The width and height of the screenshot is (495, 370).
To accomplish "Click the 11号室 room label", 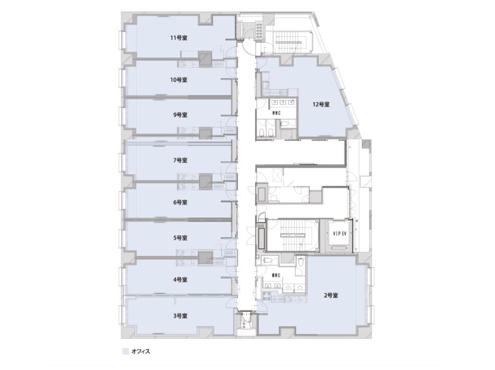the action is [179, 38].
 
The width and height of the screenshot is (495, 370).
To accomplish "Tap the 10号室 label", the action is [179, 80].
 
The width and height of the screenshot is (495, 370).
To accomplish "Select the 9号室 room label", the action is [180, 115].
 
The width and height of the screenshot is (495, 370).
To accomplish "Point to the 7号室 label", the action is [180, 161].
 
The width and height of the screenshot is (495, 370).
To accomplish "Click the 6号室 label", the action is [180, 202].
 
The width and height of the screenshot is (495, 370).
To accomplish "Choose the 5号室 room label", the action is [180, 238].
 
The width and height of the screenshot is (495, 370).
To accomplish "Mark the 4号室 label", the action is [180, 280].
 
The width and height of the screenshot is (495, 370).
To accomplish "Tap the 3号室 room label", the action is [180, 316].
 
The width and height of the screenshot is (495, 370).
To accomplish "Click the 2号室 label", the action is [331, 296].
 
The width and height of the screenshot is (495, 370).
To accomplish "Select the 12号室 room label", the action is [321, 104].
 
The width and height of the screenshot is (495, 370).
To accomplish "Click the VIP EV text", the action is [340, 234].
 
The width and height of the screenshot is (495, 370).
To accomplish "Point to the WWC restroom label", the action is [276, 113].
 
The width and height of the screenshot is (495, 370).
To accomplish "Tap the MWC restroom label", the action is [276, 276].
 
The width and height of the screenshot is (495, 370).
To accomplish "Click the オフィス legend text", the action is [141, 351].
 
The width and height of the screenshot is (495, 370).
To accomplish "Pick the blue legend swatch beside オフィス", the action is [126, 352].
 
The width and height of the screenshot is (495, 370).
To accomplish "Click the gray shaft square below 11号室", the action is [205, 59].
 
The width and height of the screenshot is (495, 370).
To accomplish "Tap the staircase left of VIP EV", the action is [293, 235].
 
